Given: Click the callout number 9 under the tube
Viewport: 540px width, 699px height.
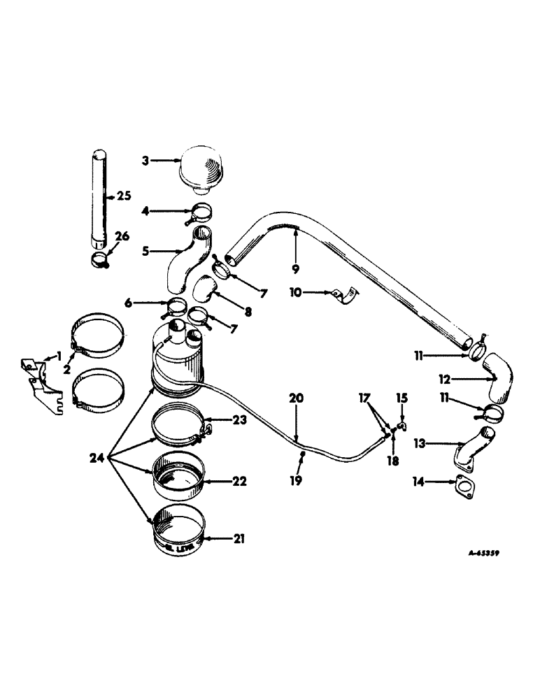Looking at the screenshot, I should (x=296, y=268).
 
